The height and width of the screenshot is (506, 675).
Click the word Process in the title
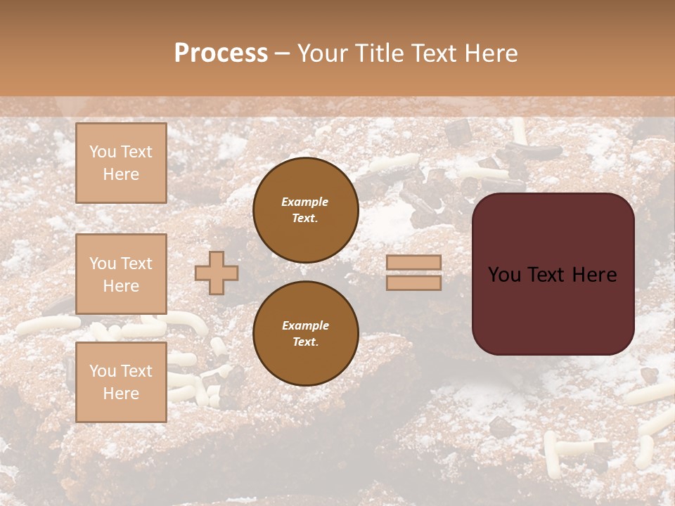[x=221, y=53]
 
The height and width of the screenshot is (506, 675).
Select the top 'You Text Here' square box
[x=121, y=163]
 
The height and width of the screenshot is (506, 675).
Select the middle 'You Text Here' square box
[x=121, y=274]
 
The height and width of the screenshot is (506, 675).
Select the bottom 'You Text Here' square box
[x=121, y=382]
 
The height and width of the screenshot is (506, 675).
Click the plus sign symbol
[x=217, y=273]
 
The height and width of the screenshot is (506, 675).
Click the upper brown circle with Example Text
[x=306, y=210]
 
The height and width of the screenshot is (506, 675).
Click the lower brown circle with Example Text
[x=306, y=334]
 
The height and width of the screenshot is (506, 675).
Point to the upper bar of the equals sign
[x=414, y=262]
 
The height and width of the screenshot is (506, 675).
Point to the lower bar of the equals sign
[x=414, y=283]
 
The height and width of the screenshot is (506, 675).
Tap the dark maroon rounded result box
[x=553, y=309]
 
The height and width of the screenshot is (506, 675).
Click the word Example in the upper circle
[x=305, y=202]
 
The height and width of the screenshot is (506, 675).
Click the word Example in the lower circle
[x=305, y=325]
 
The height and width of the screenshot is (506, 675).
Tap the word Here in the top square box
[x=121, y=174]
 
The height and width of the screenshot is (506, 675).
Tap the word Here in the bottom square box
[x=121, y=394]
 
